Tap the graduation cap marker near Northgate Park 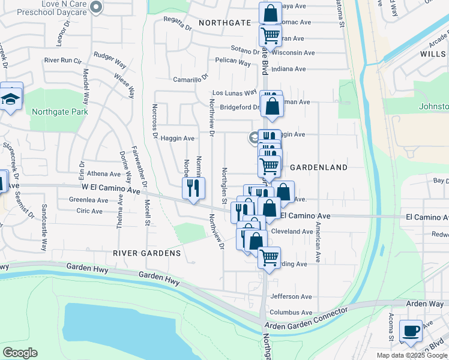point(11,99)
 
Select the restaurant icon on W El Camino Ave point(193,188)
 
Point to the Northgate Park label point(60,112)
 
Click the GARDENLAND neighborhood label point(319,167)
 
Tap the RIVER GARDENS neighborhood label point(147,253)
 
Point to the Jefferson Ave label point(291,296)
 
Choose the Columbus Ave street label point(291,312)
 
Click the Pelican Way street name point(232,62)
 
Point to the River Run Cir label point(62,60)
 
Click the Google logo point(20,353)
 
